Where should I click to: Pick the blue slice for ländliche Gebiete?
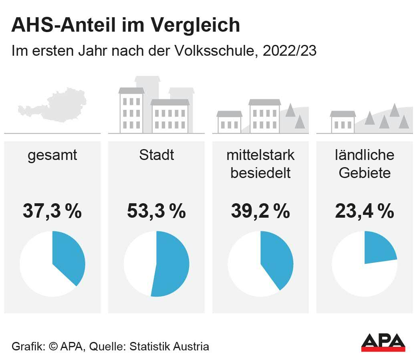pos(379,249)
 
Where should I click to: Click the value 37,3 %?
pos(52,211)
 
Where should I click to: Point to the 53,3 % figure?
pos(156,211)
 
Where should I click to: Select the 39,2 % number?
pos(260,211)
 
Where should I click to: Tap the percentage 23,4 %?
pos(365,211)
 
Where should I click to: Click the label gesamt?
pos(52,156)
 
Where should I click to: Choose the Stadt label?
pos(156,155)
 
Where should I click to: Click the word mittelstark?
pos(260,155)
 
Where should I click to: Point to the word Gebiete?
pos(365,173)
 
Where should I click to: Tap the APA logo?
pos(383,343)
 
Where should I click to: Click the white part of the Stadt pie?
pos(138,263)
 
